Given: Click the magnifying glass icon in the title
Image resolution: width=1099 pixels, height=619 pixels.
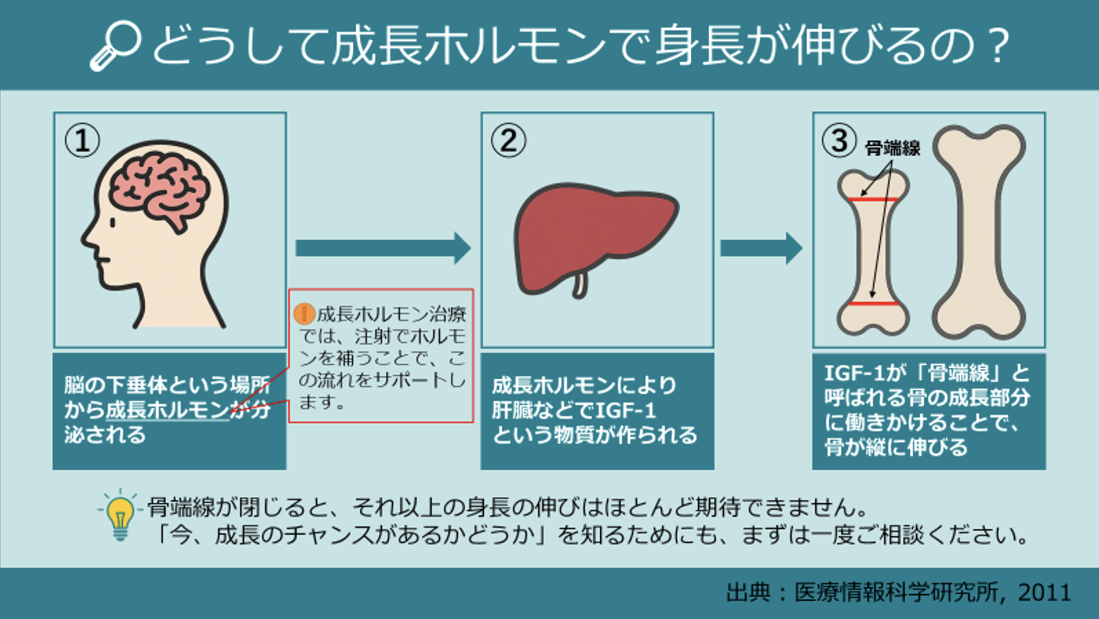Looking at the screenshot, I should click(116, 46).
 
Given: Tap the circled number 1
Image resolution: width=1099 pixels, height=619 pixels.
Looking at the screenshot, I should click(82, 141).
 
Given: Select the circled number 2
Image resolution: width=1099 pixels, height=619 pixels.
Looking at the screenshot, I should click(508, 141).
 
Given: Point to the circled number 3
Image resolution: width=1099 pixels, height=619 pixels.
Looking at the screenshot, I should click(839, 140).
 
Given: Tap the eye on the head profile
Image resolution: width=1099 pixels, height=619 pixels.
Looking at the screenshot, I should click(113, 222).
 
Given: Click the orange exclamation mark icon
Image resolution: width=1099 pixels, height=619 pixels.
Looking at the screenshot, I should click(304, 314).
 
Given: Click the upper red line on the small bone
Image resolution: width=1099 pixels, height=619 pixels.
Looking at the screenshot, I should click(872, 199).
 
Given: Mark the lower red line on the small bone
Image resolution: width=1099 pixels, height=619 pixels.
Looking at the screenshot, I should click(873, 303).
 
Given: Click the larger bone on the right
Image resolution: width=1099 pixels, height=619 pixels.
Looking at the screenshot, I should click(978, 231).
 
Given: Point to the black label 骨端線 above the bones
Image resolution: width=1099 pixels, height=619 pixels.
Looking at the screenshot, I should click(892, 149).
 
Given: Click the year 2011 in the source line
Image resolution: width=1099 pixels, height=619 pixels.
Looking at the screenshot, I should click(1044, 592).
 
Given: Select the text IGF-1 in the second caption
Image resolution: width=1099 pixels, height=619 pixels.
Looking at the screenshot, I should click(626, 410).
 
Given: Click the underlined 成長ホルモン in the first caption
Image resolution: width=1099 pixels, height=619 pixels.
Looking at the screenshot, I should click(167, 410).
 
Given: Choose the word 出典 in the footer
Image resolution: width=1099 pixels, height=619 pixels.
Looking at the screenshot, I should click(748, 592).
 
